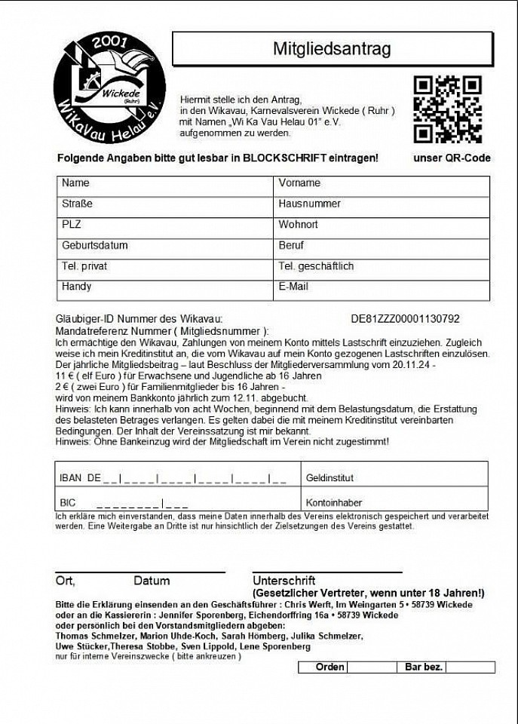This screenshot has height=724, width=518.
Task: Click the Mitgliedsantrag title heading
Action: point(332,50)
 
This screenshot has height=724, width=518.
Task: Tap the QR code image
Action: point(447,109)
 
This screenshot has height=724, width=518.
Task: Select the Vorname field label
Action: point(299,183)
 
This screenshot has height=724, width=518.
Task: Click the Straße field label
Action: point(76,204)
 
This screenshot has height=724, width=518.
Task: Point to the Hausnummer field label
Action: point(309,204)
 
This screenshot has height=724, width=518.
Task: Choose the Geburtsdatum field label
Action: point(94,246)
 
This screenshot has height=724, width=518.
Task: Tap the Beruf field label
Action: point(291,246)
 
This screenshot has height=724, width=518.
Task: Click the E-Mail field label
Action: point(293,287)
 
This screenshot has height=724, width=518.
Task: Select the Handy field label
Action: point(76,287)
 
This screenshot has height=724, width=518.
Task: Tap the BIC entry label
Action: point(67,502)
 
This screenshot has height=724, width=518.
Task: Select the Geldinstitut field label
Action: point(329,478)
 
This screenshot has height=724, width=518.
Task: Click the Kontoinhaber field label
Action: point(334,502)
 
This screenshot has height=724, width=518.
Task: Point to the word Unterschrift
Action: point(284,581)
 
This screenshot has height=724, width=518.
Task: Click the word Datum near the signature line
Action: point(152,581)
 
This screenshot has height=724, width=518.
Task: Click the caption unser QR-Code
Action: point(452,158)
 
